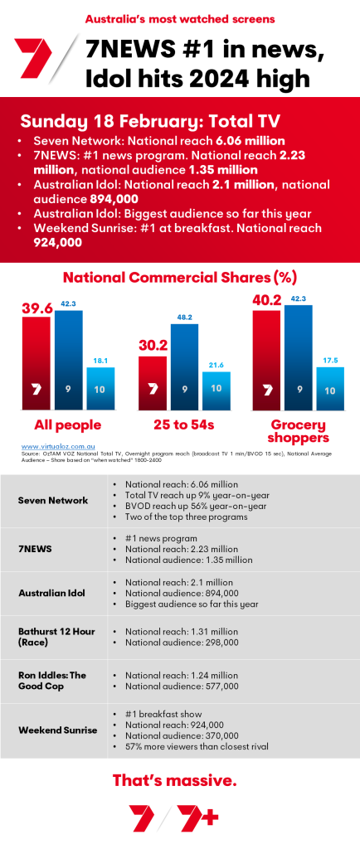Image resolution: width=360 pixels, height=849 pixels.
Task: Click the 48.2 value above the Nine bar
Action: click(184, 317)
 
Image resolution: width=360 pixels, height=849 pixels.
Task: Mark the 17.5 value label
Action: click(329, 360)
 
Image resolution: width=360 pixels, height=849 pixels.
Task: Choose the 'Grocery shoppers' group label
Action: click(299, 431)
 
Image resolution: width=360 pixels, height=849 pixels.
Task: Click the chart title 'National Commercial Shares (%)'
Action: click(179, 277)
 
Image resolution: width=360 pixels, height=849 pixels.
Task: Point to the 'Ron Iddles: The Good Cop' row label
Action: click(52, 679)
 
